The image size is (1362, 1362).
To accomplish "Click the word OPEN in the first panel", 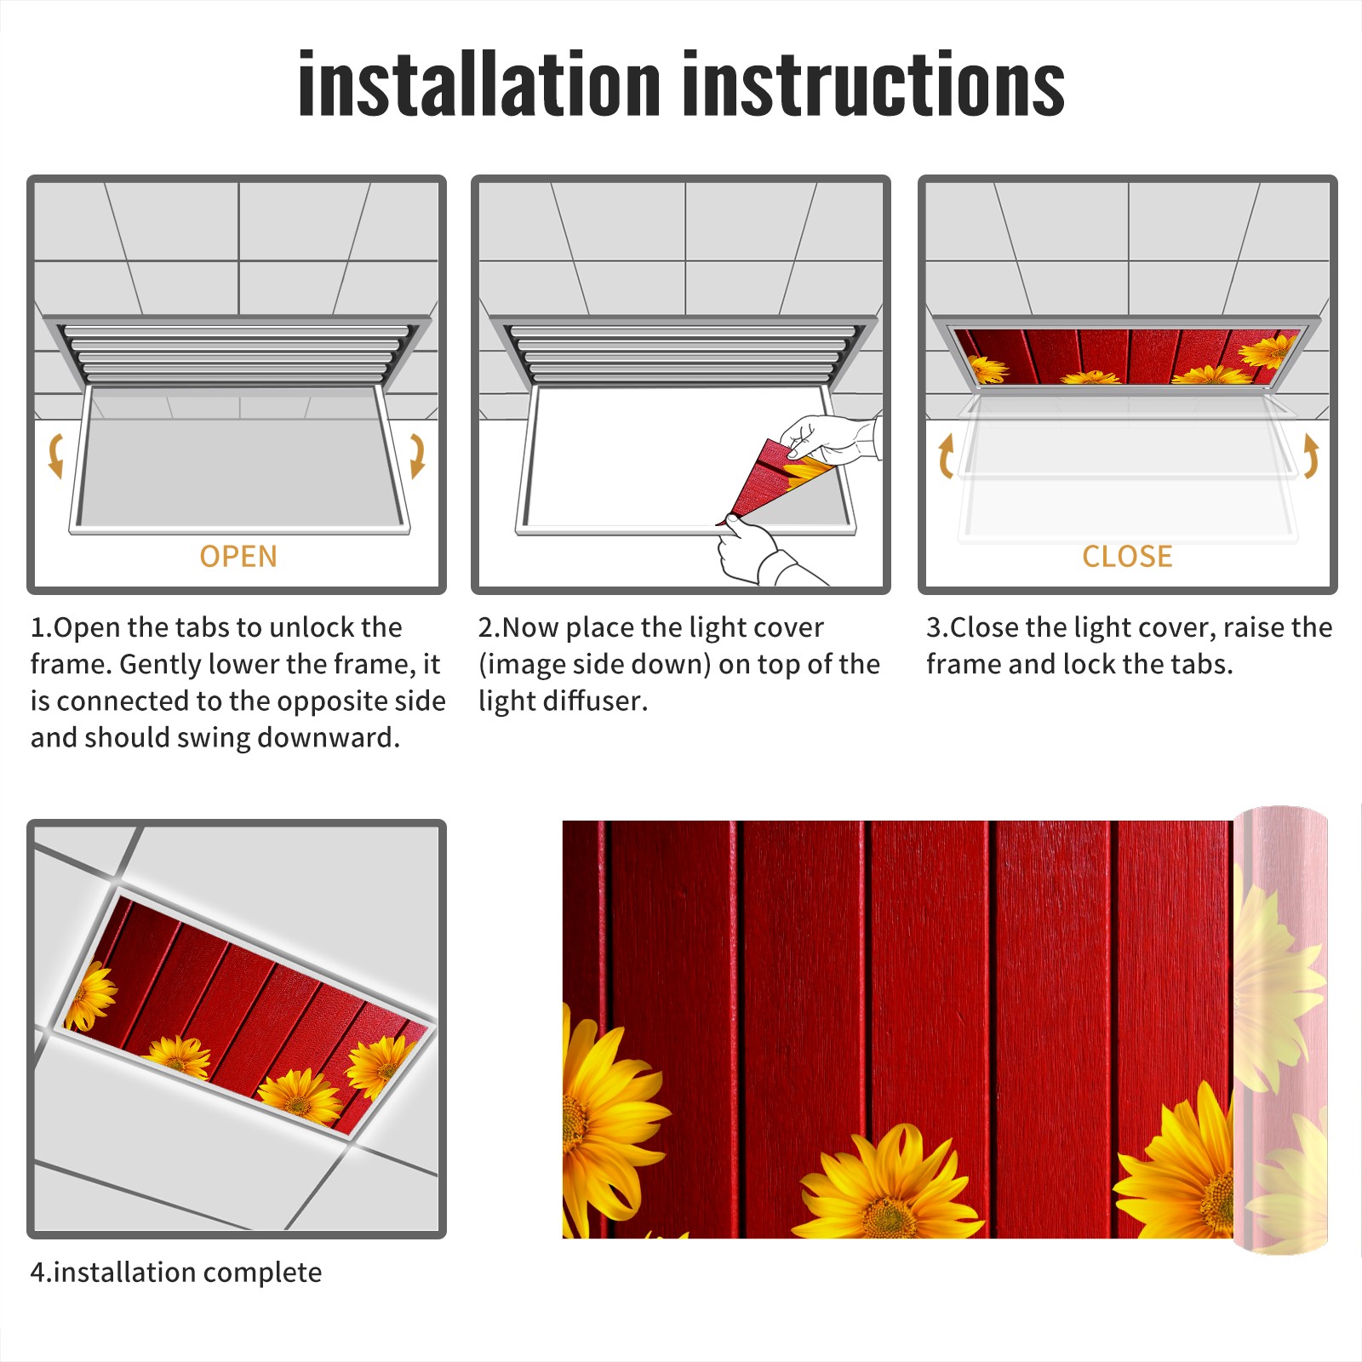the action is pos(238,557).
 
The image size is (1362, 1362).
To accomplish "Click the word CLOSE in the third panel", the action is pos(1127,557).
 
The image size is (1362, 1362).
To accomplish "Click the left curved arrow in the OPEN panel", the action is pos(55,455).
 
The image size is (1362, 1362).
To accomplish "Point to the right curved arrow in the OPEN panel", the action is pos(417,455).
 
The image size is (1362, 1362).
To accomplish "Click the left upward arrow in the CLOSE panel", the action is pos(946,455).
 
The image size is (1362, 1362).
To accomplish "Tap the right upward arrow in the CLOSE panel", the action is pos(1311,455).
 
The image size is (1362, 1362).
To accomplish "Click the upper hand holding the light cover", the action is pos(830,439).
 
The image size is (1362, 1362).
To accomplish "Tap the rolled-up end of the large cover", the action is pos(1280,1029).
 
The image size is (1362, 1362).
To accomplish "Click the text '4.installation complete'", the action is pos(176,1273).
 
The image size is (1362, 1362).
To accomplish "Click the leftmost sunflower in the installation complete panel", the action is pos(90,996).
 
